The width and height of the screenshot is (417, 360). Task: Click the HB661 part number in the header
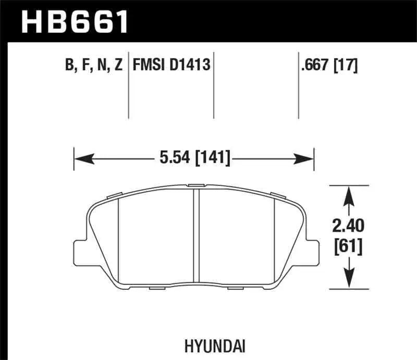(x=72, y=21)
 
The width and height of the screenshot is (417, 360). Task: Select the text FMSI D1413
(x=171, y=65)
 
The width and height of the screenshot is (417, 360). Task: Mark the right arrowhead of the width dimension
(x=307, y=156)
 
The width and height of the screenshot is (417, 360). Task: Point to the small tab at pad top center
(x=197, y=185)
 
